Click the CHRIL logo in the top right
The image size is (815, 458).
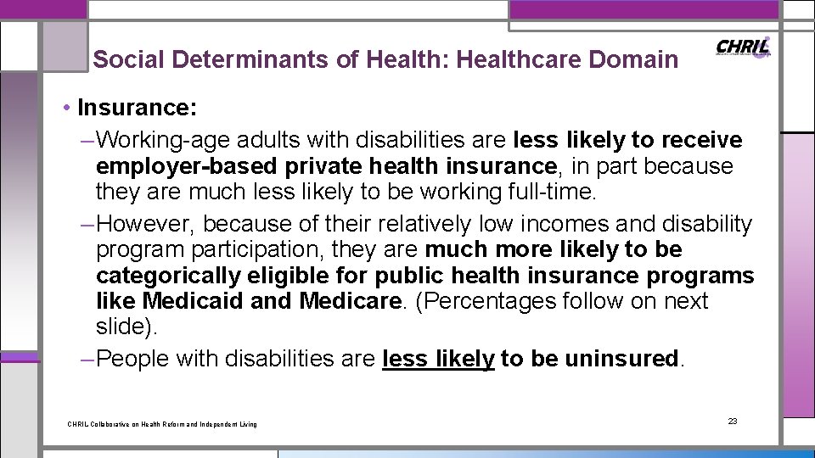pos(744,47)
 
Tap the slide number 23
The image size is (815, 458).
pos(733,421)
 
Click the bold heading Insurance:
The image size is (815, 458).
pos(137,109)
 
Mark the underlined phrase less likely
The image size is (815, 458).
pos(438,359)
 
